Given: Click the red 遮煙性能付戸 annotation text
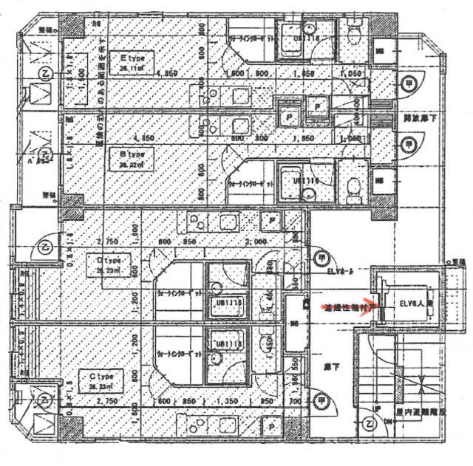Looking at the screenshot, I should [352, 307].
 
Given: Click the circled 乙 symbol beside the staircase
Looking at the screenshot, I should [370, 423].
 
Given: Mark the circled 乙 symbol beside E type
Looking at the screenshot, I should [45, 74].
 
